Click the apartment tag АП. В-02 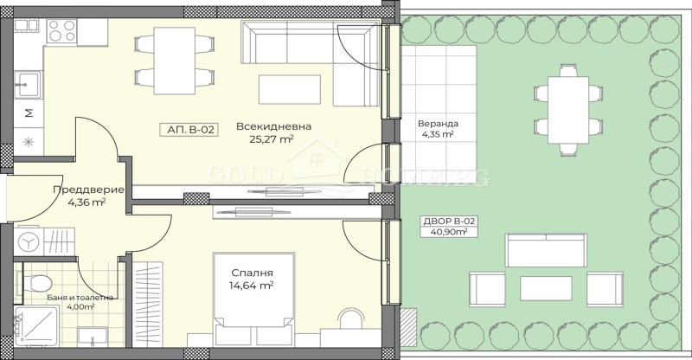pyautogui.click(x=188, y=130)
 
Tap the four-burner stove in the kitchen pyautogui.click(x=62, y=32)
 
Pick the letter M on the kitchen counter pyautogui.click(x=29, y=112)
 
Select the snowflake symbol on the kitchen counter pyautogui.click(x=28, y=140)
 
